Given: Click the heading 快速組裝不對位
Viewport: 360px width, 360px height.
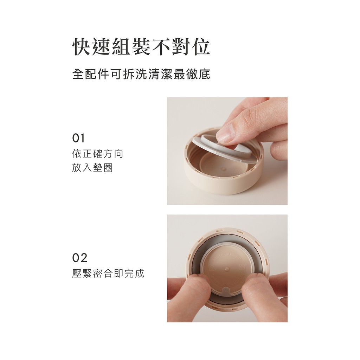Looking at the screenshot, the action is coord(141,47).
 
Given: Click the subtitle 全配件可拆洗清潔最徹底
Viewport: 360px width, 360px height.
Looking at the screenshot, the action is coord(141,74).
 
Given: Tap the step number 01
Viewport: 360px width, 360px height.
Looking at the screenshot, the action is coord(78,138).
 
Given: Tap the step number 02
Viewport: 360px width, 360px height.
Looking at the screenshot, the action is coord(80,258).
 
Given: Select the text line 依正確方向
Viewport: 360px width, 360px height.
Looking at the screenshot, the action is coord(98,154).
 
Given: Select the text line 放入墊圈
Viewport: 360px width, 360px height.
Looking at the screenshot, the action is coord(92,168).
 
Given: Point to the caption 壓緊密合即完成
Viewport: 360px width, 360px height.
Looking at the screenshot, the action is coord(108,274).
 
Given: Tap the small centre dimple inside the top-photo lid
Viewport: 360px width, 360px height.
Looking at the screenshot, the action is coord(224,169).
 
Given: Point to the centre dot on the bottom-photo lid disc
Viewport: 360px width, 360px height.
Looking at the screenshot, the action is coord(227,268).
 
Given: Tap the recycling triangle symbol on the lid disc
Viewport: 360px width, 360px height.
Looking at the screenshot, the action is coord(211,267).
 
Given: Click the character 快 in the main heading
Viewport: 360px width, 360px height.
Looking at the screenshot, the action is coord(81,47).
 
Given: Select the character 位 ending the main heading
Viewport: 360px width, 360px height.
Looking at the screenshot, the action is coord(201,47).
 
